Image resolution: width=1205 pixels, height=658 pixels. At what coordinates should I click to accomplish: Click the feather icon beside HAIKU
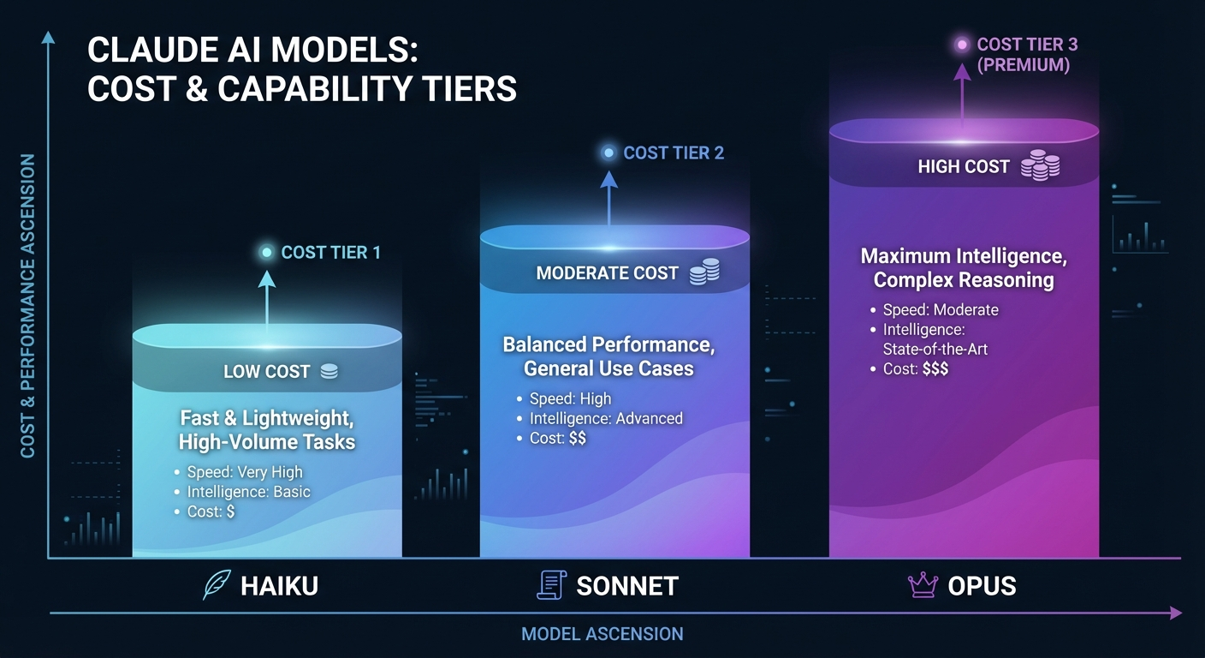tap(216, 585)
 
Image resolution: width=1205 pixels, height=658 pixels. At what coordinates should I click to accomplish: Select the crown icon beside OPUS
tap(923, 585)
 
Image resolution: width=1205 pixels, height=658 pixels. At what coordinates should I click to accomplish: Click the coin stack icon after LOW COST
tap(329, 372)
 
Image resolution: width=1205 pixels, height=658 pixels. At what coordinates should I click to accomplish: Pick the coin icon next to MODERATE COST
tap(704, 272)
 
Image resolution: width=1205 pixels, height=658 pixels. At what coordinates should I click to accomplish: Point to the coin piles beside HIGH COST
tap(1040, 165)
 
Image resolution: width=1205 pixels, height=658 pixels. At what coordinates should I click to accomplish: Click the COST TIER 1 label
tap(330, 253)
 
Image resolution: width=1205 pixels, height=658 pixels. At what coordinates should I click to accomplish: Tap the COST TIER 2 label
tap(674, 153)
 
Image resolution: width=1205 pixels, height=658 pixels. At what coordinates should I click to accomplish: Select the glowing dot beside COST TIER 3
tap(962, 44)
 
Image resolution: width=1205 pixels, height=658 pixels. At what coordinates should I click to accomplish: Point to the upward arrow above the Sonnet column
tap(608, 197)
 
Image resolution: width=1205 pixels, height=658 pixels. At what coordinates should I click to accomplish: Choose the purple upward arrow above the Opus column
tap(962, 94)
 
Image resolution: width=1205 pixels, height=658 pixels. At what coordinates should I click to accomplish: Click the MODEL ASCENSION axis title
tap(602, 635)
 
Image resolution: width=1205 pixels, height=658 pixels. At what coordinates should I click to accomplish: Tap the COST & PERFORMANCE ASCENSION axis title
tap(28, 306)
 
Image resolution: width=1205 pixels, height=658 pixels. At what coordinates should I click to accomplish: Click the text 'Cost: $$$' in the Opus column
tap(915, 369)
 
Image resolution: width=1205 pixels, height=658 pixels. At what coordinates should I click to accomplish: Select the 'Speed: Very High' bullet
tap(244, 472)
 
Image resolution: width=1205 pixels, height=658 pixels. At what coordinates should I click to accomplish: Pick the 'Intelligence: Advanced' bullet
tap(605, 419)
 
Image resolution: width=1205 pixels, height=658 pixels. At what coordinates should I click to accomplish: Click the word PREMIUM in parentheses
tap(1023, 65)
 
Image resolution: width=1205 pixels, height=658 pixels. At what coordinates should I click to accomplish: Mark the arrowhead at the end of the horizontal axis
tap(1176, 613)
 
